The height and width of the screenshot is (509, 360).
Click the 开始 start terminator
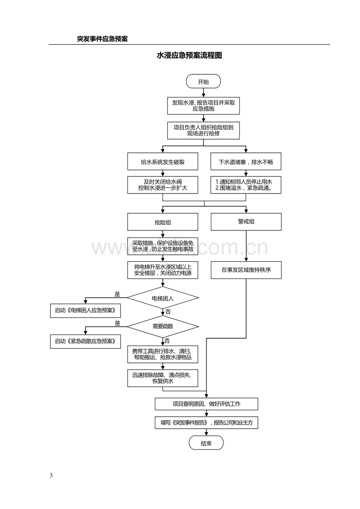point(203,81)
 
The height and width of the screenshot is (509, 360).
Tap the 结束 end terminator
point(206,443)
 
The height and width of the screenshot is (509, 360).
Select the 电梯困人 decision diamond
point(163,298)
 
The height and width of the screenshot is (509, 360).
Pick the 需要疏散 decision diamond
point(163,326)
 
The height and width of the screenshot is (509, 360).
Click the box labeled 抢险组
point(163,222)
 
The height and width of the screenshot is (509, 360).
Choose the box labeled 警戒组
point(246,222)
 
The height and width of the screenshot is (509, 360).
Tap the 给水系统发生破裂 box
point(163,161)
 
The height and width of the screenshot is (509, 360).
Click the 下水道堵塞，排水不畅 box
point(246,161)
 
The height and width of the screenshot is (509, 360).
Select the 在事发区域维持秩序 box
point(246,270)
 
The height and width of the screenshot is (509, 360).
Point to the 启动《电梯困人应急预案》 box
point(86,311)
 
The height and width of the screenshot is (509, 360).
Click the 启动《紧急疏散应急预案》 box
point(86,341)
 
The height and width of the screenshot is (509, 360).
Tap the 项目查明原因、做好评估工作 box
point(207,404)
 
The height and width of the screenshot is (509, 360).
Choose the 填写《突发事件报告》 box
point(207,423)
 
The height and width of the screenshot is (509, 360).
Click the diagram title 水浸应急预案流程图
point(189,55)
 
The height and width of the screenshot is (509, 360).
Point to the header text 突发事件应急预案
point(102,39)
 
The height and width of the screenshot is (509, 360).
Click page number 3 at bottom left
point(51,475)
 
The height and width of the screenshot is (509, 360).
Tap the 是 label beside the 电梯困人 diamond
point(117,294)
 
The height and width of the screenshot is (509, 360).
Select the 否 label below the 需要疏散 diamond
point(167,341)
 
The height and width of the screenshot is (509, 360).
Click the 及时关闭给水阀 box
point(163,185)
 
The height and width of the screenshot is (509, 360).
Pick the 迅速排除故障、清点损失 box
point(163,378)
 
